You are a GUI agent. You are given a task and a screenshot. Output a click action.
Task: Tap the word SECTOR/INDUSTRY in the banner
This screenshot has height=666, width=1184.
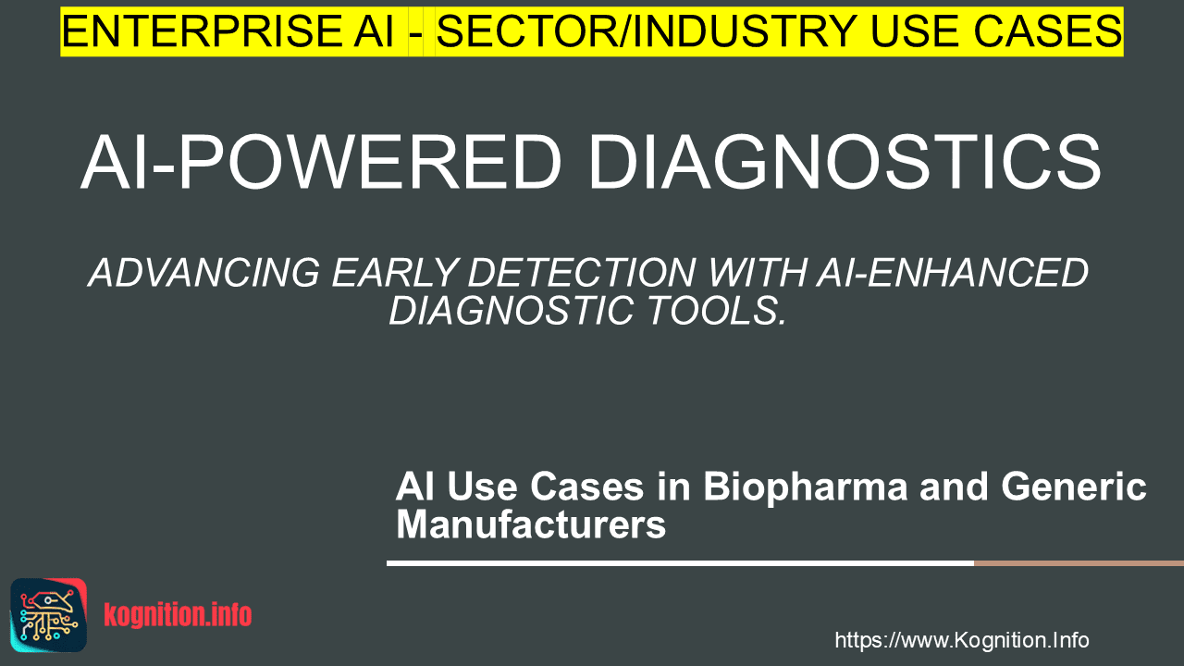point(647,31)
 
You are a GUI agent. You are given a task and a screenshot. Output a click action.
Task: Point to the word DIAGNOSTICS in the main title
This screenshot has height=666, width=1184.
point(845,162)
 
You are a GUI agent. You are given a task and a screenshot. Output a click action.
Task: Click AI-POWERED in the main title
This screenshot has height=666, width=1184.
point(321,162)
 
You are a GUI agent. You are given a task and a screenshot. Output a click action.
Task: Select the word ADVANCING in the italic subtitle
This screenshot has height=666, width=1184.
point(204,273)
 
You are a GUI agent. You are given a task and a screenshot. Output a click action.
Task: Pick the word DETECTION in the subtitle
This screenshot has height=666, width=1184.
point(582,273)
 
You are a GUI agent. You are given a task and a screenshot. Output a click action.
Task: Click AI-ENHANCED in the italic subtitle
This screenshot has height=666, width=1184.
point(953,273)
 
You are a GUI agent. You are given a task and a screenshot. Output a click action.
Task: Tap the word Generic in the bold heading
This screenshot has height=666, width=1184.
point(1074,487)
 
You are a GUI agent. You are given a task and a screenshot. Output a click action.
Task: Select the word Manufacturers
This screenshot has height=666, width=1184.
point(531,524)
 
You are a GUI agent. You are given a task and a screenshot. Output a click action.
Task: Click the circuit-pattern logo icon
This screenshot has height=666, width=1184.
point(49,615)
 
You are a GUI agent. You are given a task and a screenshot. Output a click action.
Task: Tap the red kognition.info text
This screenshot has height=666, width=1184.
point(178,615)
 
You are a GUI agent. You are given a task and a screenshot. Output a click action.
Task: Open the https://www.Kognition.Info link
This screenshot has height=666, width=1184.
point(962,640)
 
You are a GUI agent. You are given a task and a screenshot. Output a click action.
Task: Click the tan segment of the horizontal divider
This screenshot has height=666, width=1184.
point(1079,563)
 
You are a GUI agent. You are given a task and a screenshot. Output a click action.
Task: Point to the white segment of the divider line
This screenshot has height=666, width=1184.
point(680,563)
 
